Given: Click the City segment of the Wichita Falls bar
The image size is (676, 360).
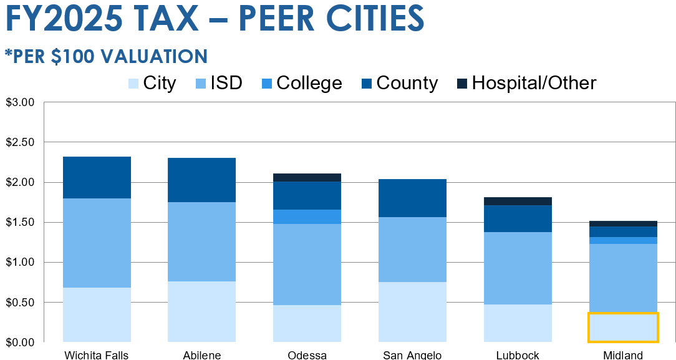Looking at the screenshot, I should (x=97, y=314).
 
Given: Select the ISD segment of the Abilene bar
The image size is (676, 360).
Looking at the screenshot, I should (x=202, y=241).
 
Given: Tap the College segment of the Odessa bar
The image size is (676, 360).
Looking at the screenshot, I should (x=307, y=216).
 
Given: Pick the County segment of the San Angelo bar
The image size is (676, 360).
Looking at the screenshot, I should (x=412, y=198).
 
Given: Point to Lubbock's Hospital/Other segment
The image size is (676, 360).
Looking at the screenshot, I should (x=518, y=201).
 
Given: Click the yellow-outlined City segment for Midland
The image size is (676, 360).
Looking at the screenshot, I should (x=622, y=327).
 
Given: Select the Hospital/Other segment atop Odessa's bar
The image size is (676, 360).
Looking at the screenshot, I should (x=307, y=177).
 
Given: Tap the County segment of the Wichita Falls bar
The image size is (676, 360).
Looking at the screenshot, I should (x=97, y=177).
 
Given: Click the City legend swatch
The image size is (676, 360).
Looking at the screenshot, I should (x=133, y=84).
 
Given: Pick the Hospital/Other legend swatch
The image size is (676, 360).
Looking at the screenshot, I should (x=462, y=84).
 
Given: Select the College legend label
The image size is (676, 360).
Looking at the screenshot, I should (x=309, y=84).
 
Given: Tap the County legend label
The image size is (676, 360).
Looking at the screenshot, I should (x=407, y=84).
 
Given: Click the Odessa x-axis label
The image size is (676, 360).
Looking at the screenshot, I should (x=307, y=355).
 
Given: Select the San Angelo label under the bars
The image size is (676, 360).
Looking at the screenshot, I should (x=412, y=355).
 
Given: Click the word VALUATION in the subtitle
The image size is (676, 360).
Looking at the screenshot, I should (x=152, y=56).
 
